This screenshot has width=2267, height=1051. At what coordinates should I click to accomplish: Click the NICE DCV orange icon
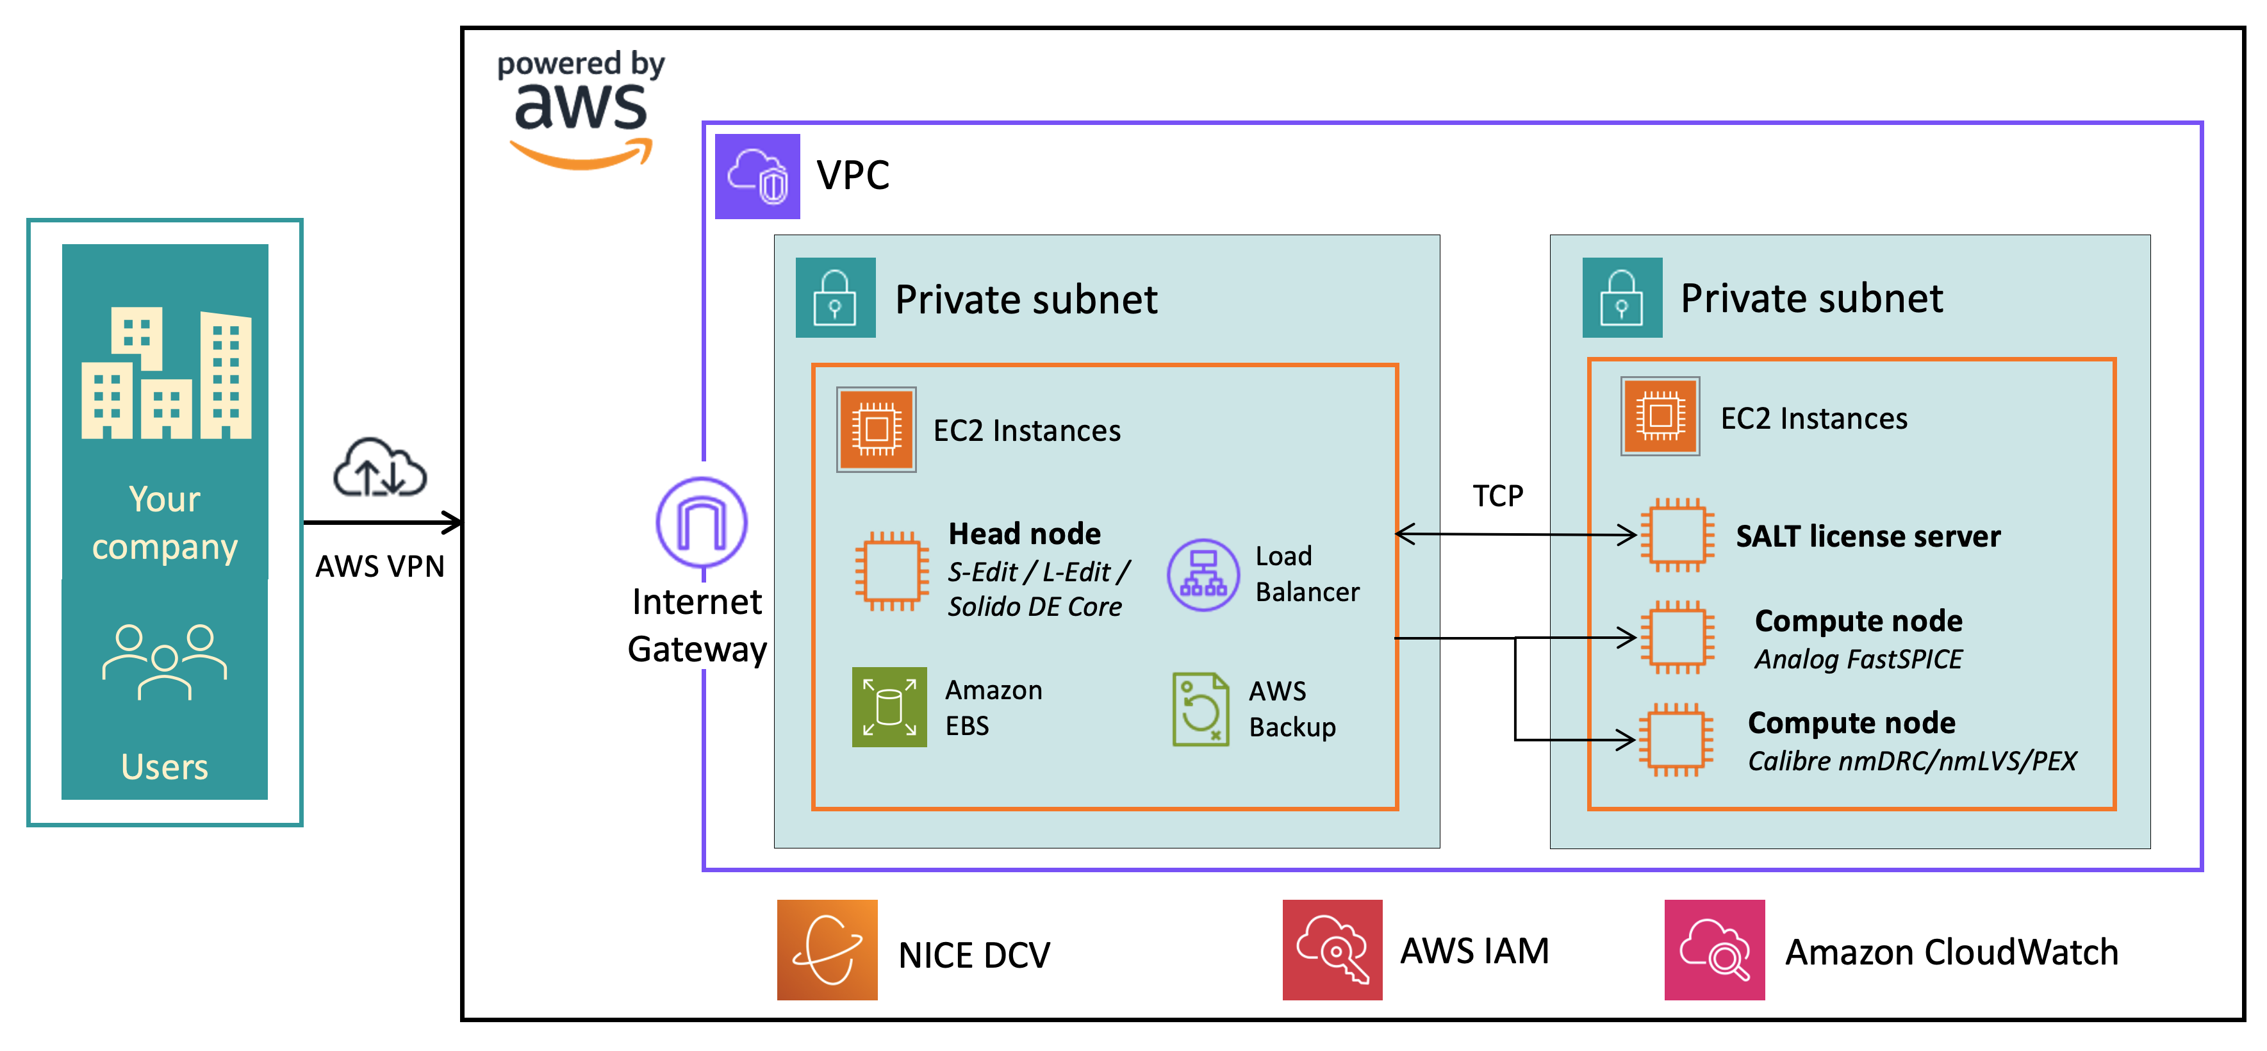[x=827, y=949]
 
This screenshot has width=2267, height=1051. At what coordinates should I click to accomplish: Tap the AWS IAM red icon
[x=1331, y=949]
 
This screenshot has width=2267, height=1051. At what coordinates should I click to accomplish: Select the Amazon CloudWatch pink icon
[x=1713, y=949]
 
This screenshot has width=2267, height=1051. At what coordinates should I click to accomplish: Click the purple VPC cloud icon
[x=757, y=176]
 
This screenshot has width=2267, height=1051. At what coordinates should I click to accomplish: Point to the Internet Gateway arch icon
[x=702, y=523]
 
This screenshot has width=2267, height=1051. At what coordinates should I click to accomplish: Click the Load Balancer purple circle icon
[x=1202, y=575]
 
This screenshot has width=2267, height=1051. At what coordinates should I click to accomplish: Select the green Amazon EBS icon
[x=889, y=707]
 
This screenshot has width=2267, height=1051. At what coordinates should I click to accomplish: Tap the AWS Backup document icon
[x=1200, y=709]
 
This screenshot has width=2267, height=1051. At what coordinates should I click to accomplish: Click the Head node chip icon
[x=891, y=570]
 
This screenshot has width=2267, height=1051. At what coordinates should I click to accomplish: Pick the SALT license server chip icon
[x=1676, y=534]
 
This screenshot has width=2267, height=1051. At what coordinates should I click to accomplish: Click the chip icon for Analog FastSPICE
[x=1676, y=637]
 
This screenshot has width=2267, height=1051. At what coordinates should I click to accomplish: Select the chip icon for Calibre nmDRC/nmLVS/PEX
[x=1676, y=740]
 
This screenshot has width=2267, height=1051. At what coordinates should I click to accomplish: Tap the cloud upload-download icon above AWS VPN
[x=379, y=468]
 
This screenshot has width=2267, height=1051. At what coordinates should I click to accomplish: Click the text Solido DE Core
[x=1034, y=606]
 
